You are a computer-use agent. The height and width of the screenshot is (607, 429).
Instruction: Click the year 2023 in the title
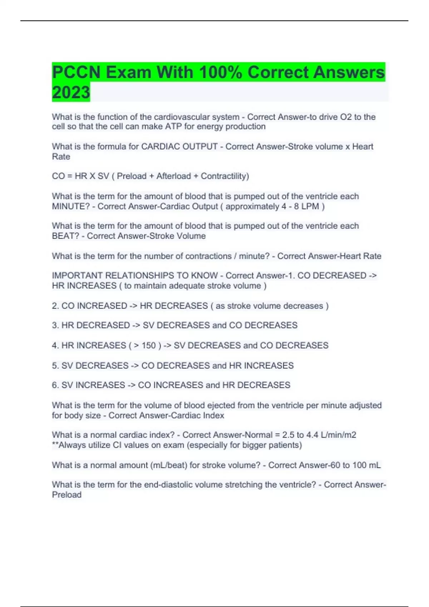pyautogui.click(x=71, y=92)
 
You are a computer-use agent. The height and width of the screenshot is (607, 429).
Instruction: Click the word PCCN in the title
pyautogui.click(x=76, y=72)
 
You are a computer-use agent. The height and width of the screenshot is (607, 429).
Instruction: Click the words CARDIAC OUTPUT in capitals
pyautogui.click(x=179, y=146)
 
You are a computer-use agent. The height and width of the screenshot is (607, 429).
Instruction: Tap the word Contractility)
pyautogui.click(x=225, y=176)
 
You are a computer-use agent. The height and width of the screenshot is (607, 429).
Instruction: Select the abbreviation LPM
pyautogui.click(x=310, y=206)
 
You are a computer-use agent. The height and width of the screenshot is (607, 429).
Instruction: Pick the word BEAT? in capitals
pyautogui.click(x=65, y=236)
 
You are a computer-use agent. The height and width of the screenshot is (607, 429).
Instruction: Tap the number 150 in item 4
pyautogui.click(x=149, y=345)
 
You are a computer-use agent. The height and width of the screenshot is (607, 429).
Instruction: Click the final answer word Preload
pyautogui.click(x=67, y=495)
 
